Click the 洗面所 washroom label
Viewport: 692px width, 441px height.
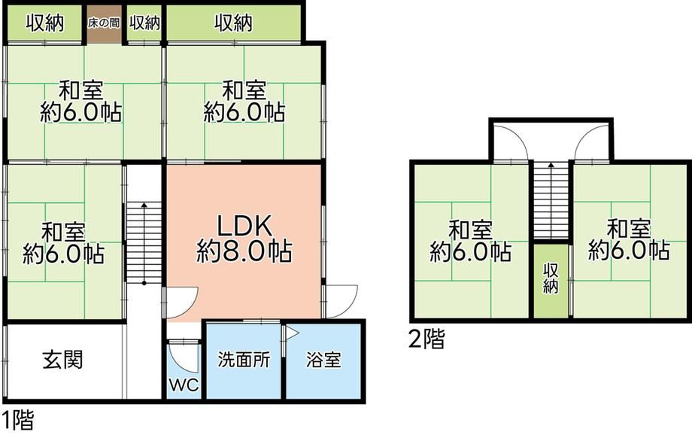244,360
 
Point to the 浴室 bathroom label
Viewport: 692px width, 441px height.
323,360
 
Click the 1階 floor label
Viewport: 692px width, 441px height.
17,420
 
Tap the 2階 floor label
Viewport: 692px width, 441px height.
426,340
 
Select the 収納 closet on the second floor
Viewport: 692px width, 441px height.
551,279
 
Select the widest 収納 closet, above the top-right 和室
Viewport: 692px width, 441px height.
233,23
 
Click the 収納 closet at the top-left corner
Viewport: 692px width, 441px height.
44,23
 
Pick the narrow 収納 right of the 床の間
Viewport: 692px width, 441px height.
144,23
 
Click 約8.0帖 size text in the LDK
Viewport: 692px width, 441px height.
244,250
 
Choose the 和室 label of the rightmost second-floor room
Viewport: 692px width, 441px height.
629,226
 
